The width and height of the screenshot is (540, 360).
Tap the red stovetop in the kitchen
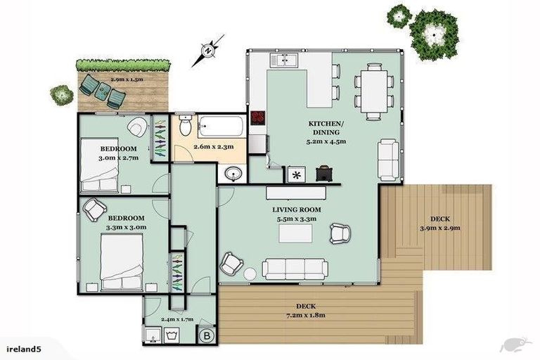pos(258,118)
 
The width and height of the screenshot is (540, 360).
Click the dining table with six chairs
pos(372,89)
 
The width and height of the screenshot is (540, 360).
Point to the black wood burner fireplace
pos(325,173)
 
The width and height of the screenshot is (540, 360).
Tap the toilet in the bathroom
pos(185,127)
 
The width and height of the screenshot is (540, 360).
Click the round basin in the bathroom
pos(233,174)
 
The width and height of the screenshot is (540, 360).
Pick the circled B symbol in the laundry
pos(207,336)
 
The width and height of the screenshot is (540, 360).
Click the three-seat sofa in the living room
pos(294,268)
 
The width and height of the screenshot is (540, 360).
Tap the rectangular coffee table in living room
pos(295,233)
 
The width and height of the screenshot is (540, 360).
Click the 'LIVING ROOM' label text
pos(297,210)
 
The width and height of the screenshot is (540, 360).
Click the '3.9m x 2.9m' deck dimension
pos(439,227)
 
